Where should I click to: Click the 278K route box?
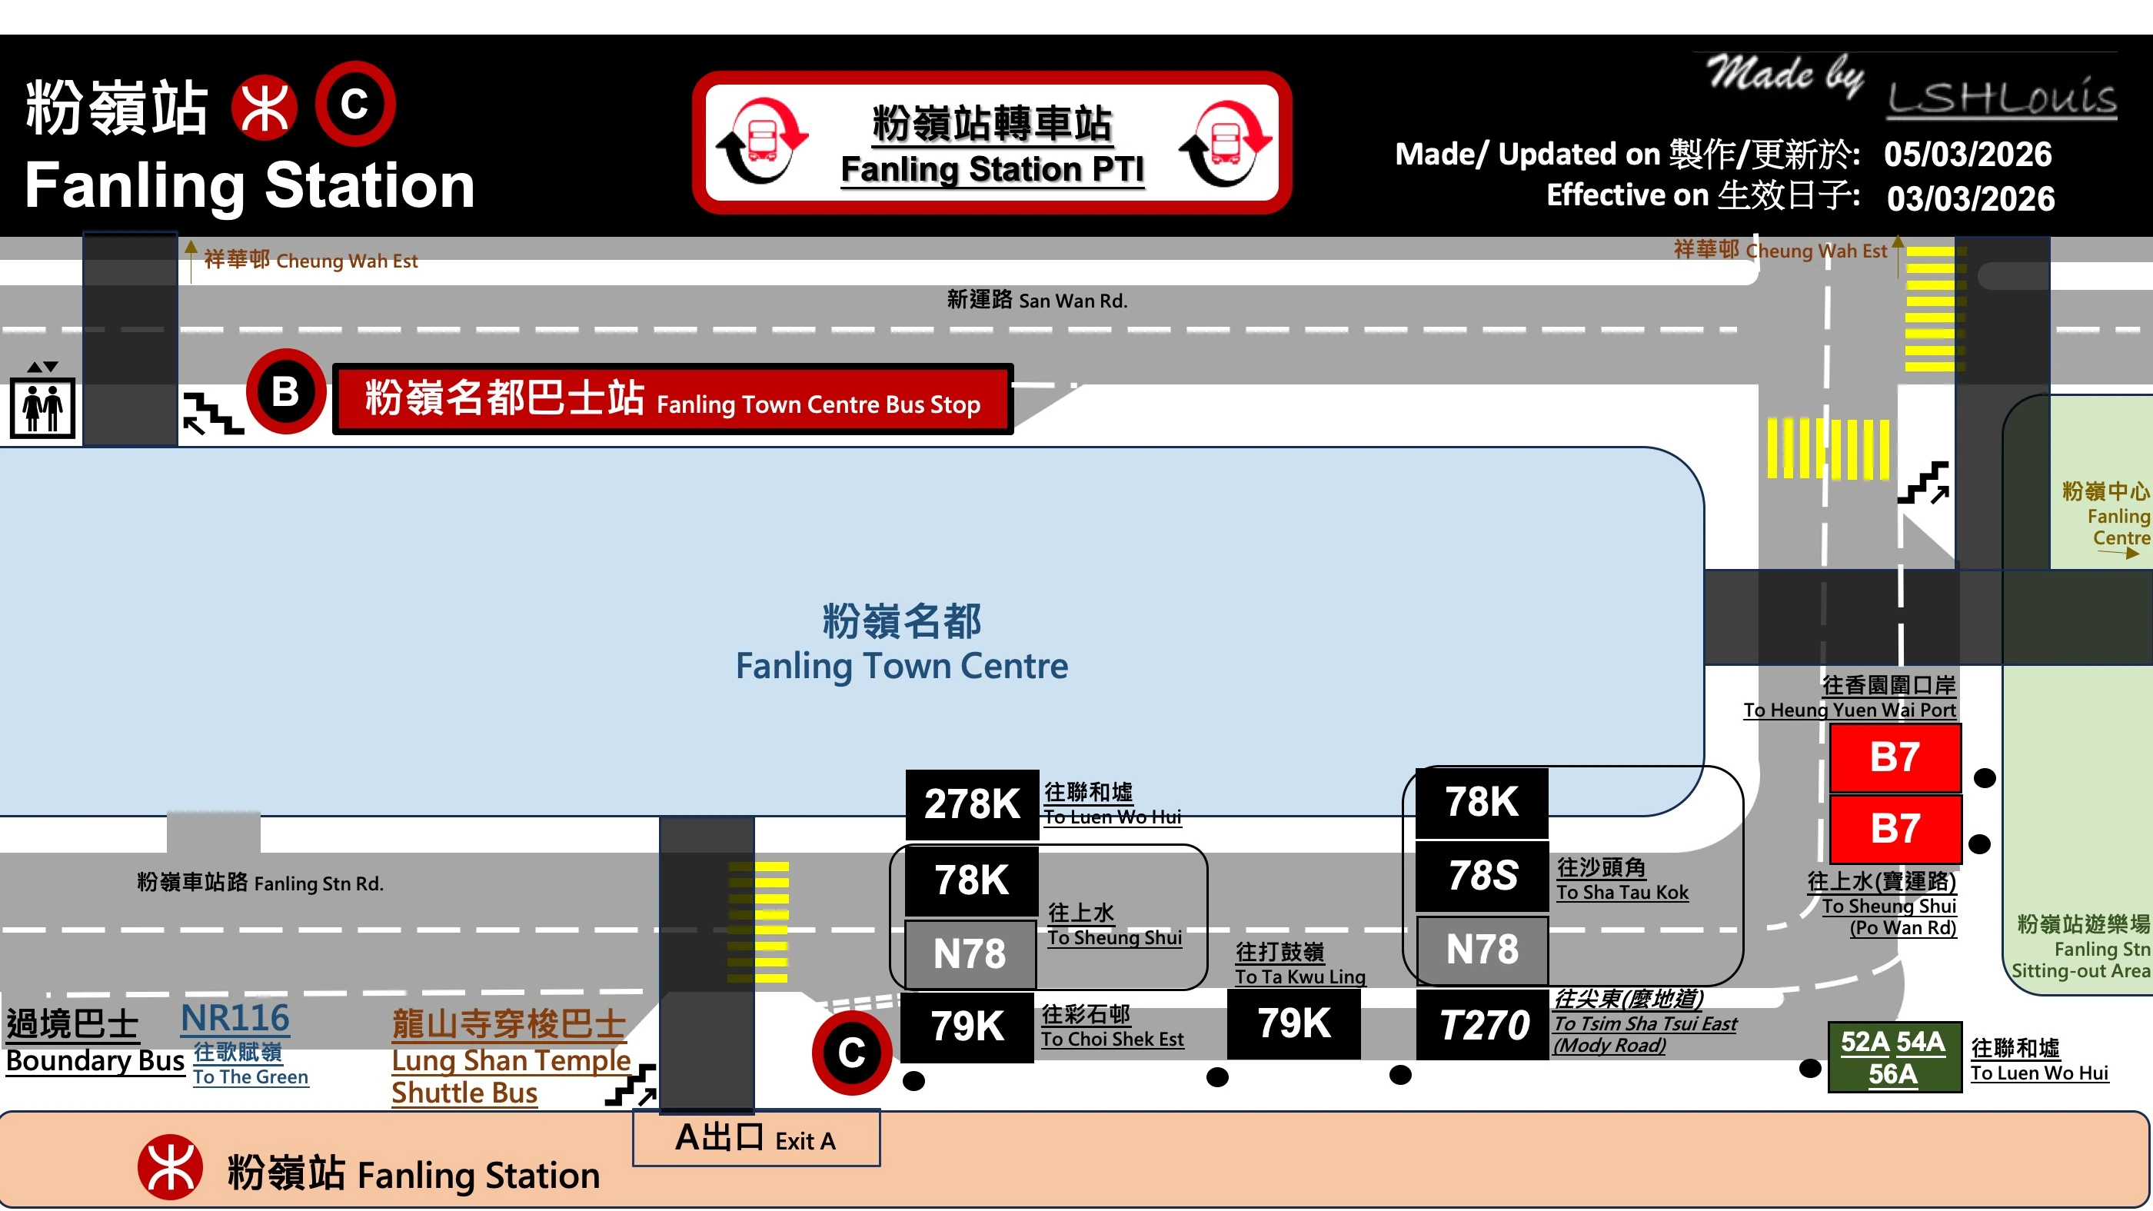click(x=971, y=804)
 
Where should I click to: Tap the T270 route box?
click(x=1482, y=1025)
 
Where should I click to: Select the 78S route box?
click(x=1482, y=875)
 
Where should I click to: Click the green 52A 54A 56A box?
click(x=1893, y=1057)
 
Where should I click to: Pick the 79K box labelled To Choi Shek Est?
click(x=967, y=1026)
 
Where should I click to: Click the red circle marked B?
click(x=285, y=391)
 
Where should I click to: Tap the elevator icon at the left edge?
click(x=42, y=407)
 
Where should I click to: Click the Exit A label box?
click(x=756, y=1138)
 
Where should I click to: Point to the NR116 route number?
click(x=235, y=1018)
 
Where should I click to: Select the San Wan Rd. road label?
click(x=1037, y=300)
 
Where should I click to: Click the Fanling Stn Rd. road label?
click(x=260, y=883)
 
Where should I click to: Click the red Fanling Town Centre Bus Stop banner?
click(x=673, y=400)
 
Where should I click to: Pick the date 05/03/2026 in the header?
click(x=1968, y=154)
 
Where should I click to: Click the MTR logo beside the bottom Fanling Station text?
click(x=171, y=1166)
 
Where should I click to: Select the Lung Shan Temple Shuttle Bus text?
click(x=510, y=1059)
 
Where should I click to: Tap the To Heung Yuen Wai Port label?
click(x=1849, y=710)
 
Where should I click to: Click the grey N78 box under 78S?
click(x=1482, y=950)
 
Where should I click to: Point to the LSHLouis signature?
click(x=2002, y=99)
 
